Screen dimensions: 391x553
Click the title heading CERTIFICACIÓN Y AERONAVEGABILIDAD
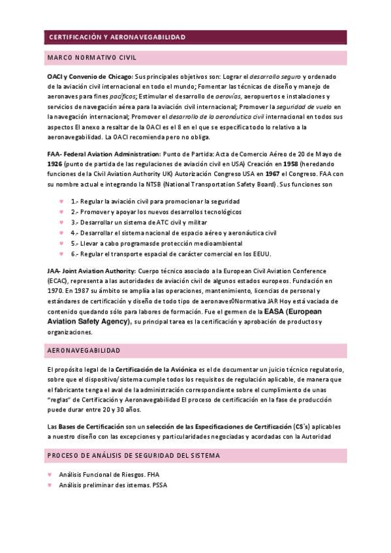coord(117,37)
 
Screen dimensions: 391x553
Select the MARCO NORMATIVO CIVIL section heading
coord(91,58)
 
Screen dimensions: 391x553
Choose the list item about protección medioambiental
coord(153,243)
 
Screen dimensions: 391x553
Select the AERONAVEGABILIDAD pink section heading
coord(84,351)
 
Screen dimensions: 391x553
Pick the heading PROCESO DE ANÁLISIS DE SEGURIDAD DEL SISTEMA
coord(133,455)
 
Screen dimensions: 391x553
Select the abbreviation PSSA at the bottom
coord(159,485)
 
